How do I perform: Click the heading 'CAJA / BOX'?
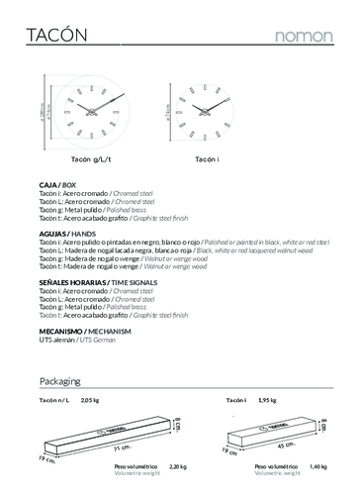56,185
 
